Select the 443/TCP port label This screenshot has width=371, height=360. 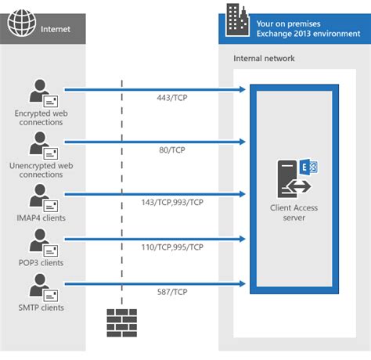coord(171,99)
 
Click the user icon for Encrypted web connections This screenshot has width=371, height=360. coord(41,95)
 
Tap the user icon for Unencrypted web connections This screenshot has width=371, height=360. coord(41,146)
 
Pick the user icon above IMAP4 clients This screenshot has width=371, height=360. coord(41,197)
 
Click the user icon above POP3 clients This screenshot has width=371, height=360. coord(41,243)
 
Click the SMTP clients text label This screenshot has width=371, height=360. coord(41,308)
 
